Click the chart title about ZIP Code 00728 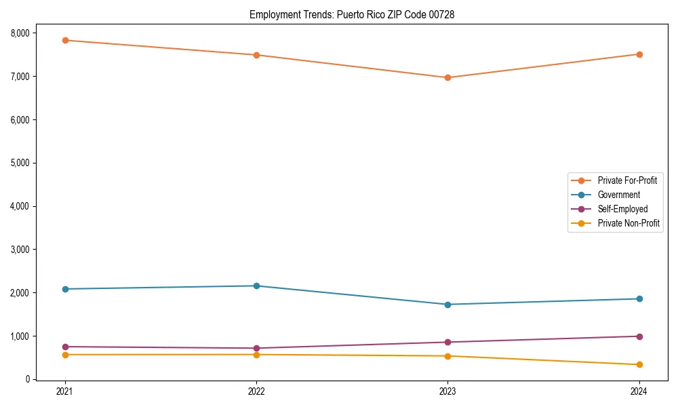coord(351,14)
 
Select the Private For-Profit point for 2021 coord(65,40)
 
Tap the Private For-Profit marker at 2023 coord(447,77)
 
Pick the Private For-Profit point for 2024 coord(639,54)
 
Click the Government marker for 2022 coord(256,286)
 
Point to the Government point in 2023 coord(447,305)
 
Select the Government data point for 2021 coord(65,289)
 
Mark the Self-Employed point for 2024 coord(639,336)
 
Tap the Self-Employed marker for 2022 coord(256,348)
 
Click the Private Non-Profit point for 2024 coord(639,365)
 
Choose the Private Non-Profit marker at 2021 coord(65,355)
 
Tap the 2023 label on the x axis coord(447,391)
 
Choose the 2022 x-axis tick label coord(256,391)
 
